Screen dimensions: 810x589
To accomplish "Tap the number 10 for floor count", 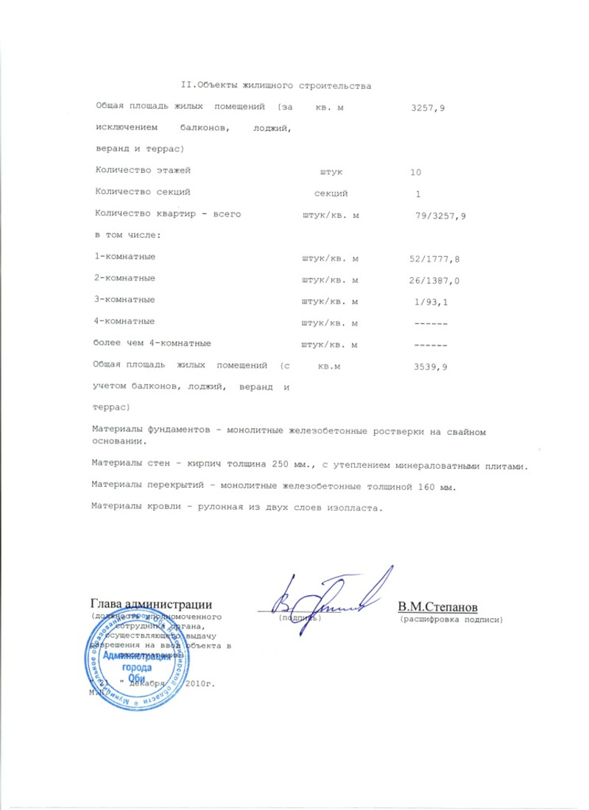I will click(x=417, y=171).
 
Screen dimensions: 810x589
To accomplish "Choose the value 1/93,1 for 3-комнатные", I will click(x=431, y=301).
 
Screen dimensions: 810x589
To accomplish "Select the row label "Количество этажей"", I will click(x=143, y=171).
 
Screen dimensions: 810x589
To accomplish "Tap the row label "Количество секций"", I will click(x=143, y=193).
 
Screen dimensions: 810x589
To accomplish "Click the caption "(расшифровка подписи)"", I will click(x=451, y=620).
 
